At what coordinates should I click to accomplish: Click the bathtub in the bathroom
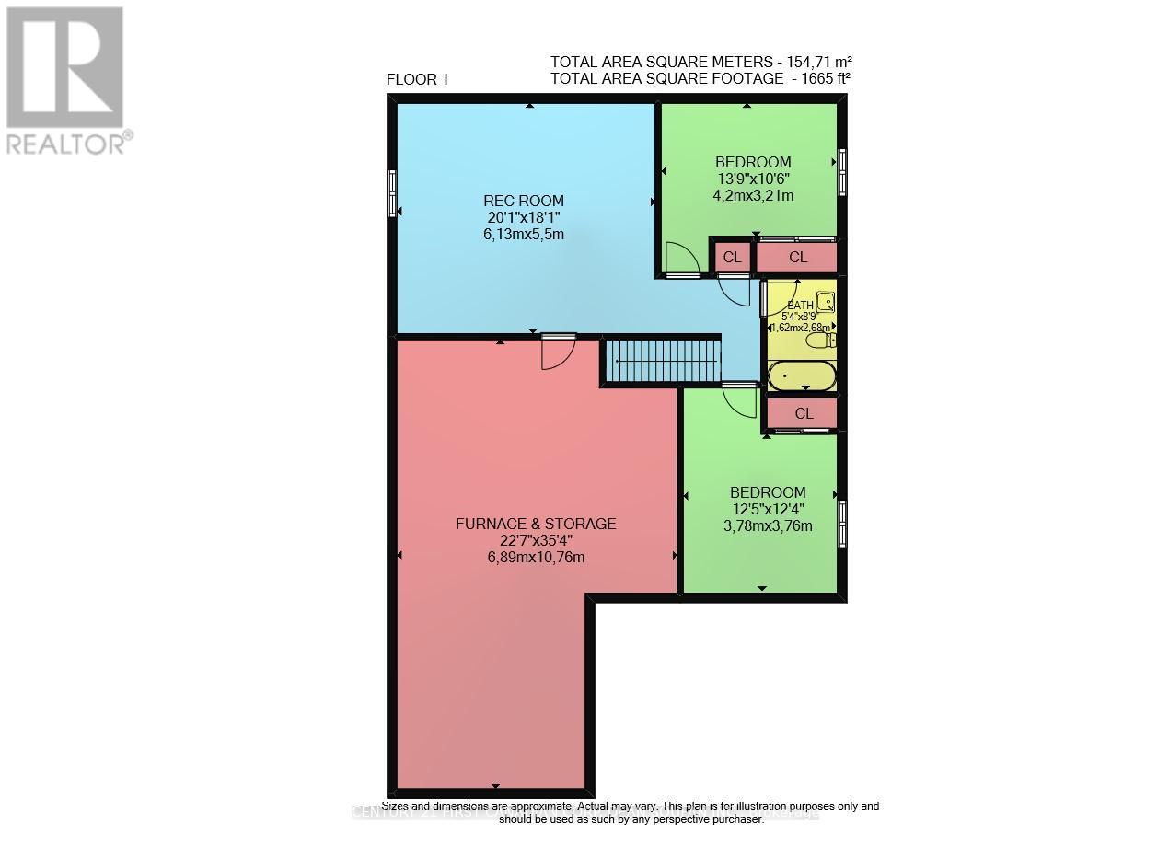click(802, 375)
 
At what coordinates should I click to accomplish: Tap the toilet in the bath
click(820, 341)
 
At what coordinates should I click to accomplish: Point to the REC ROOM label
click(524, 201)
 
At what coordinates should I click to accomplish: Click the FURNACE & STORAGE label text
click(536, 524)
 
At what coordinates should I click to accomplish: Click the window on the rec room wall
click(393, 192)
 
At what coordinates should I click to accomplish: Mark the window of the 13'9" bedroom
click(841, 172)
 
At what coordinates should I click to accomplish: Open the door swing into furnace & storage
click(558, 352)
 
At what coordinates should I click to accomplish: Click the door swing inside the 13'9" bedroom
click(681, 259)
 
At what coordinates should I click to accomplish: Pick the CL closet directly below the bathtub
click(804, 413)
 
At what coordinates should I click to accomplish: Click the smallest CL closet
click(732, 257)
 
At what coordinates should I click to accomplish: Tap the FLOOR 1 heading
click(417, 79)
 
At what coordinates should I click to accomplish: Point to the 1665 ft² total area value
click(821, 78)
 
